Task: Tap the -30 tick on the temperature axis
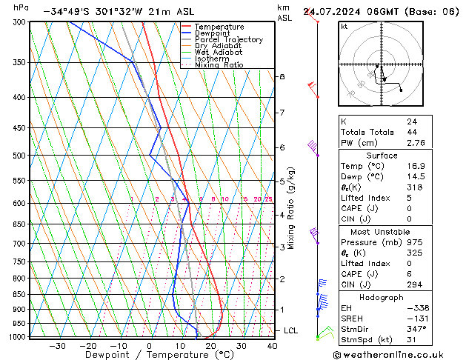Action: pos(56,346)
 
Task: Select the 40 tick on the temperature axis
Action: pos(272,346)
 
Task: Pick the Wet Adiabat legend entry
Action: pos(218,53)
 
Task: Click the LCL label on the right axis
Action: pos(291,330)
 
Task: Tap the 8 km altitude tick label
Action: pos(282,77)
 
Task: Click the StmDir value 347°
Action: pos(416,329)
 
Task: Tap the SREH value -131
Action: pos(415,319)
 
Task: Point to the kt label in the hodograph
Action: pos(344,27)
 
